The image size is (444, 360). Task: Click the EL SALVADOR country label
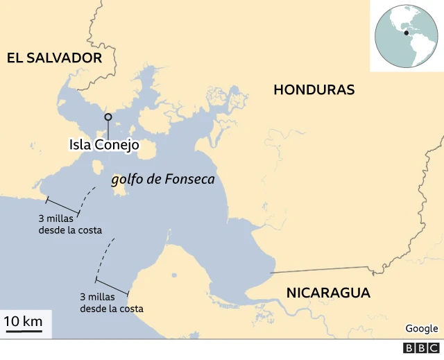[54, 58]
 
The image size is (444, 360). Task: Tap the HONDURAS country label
[314, 89]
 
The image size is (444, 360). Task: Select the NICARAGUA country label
[328, 293]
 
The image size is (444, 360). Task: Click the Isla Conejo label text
[104, 145]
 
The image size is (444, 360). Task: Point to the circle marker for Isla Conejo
[108, 117]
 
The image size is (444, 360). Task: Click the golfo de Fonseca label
[163, 179]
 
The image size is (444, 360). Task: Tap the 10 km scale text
[23, 321]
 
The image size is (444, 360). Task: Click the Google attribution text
[421, 328]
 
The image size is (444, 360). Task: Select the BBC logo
[421, 348]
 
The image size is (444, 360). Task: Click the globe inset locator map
[407, 35]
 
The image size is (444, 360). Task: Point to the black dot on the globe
[406, 32]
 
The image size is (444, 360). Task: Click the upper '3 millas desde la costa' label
[71, 224]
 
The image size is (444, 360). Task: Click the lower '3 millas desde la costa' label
[112, 302]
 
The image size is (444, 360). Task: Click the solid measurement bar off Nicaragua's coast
[112, 286]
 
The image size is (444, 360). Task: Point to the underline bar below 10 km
[23, 332]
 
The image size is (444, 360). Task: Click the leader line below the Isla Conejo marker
[108, 128]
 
